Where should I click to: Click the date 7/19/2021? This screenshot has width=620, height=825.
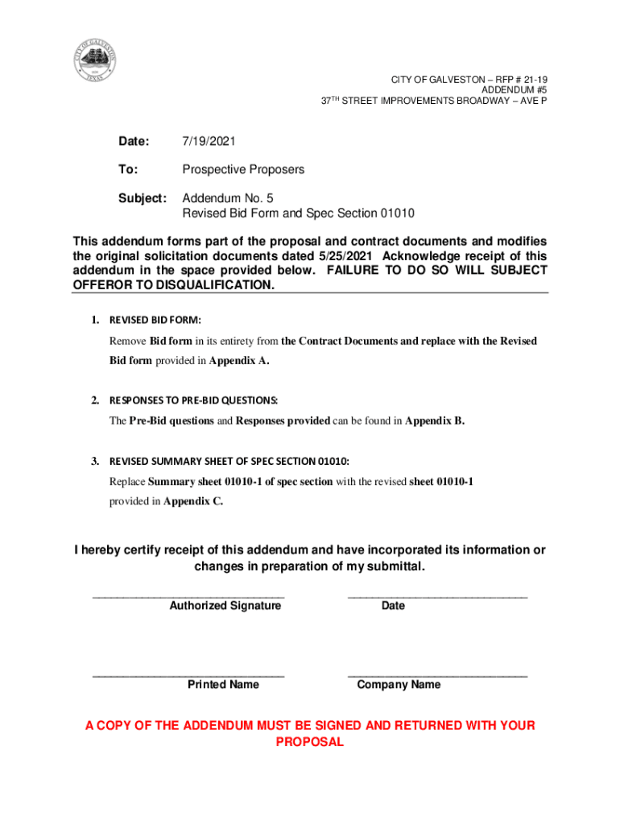(x=209, y=142)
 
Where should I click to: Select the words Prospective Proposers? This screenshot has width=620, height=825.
(x=243, y=170)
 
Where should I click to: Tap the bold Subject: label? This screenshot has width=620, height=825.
(x=143, y=198)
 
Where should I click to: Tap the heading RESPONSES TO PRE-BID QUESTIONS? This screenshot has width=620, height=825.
(x=194, y=400)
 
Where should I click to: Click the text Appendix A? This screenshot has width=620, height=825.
(x=239, y=360)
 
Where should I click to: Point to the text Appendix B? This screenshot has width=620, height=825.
(x=435, y=421)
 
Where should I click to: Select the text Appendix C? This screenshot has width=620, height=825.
(x=193, y=501)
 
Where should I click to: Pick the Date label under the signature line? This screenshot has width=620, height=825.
(x=393, y=606)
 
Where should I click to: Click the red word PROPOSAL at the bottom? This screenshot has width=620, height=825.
(x=310, y=742)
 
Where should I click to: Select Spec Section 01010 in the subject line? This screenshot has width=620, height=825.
(x=365, y=214)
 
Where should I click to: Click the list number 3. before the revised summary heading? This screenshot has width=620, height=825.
(x=94, y=462)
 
